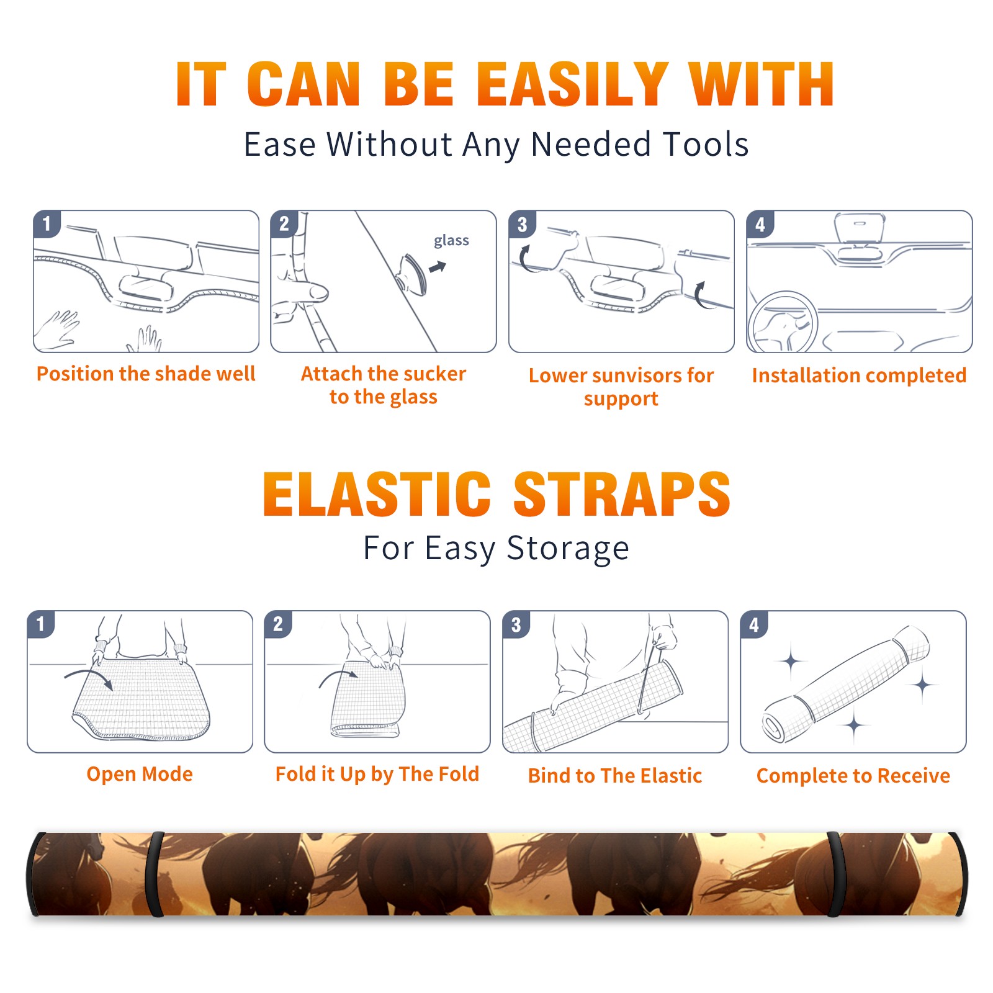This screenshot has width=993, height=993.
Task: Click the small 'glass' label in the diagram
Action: click(451, 241)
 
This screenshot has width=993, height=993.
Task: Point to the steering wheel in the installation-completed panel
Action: click(783, 323)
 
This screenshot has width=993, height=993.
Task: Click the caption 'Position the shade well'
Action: click(146, 374)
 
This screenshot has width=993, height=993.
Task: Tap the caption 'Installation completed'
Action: click(859, 375)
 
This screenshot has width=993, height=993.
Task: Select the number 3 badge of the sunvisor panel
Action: click(523, 225)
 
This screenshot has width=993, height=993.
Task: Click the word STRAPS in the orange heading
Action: click(622, 494)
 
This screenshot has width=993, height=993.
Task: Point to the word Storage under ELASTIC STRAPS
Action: click(568, 549)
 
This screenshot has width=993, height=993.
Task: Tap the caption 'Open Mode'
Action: click(140, 774)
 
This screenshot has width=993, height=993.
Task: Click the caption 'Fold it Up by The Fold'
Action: click(377, 775)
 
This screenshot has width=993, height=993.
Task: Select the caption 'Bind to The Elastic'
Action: click(615, 776)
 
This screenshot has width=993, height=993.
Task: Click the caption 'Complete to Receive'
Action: click(853, 776)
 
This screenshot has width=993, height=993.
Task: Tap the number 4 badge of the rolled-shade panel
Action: click(754, 624)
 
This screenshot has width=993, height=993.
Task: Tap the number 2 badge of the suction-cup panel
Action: click(284, 223)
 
